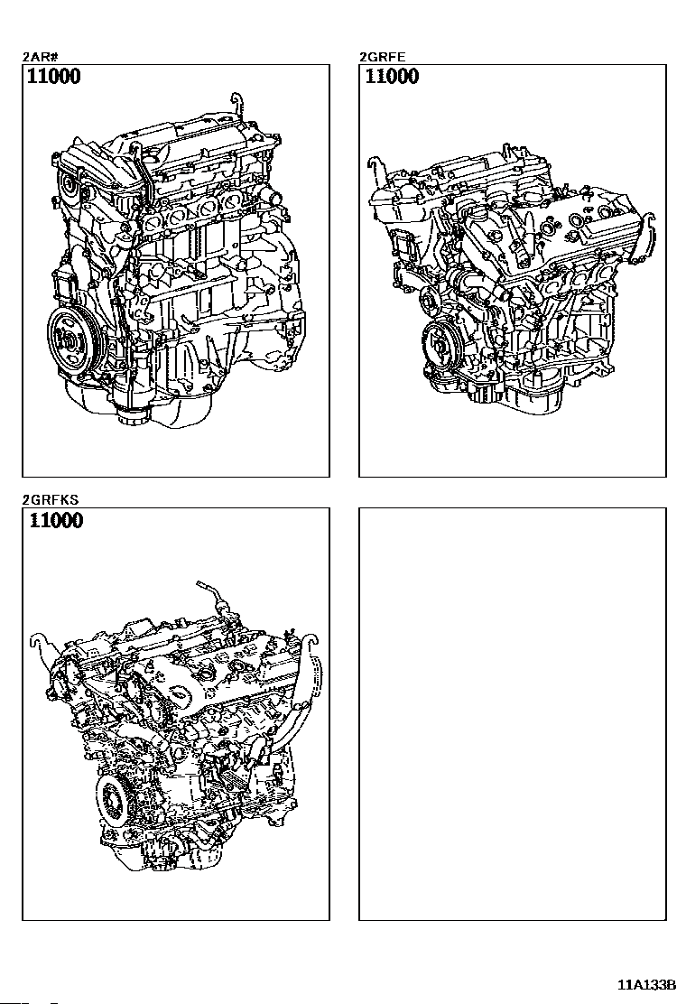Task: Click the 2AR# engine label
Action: point(36,57)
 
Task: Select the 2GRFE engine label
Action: point(382,57)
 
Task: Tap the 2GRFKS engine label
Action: point(51,500)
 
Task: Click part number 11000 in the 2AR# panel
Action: point(54,77)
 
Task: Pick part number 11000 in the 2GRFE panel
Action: point(392,77)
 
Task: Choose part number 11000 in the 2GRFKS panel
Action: point(56,521)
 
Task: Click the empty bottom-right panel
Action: point(512,714)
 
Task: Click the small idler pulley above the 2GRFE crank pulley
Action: point(428,299)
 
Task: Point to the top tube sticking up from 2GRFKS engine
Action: point(211,592)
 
